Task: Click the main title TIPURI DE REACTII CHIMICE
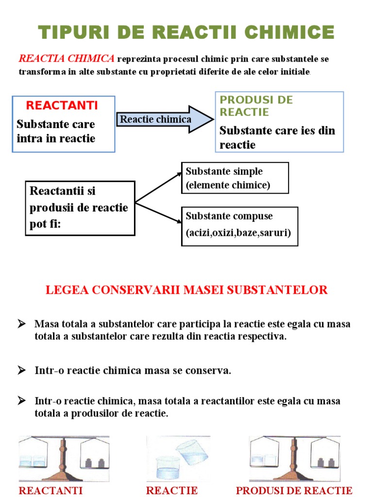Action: point(186,33)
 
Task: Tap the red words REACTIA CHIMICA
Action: point(67,59)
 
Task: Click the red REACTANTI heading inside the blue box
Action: point(62,105)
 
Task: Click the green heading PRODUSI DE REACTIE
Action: point(256,106)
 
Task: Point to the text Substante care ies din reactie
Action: point(277,137)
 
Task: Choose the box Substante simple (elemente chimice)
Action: point(235,178)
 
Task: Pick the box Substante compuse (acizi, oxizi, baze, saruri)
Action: point(239,226)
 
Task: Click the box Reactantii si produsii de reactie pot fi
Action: point(80,208)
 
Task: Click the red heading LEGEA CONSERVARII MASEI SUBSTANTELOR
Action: point(186,290)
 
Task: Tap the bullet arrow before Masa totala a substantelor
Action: point(21,323)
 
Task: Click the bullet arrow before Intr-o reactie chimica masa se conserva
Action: point(21,370)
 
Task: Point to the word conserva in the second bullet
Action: point(212,371)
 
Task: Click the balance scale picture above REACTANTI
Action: point(64,458)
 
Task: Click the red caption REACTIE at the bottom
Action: point(171,490)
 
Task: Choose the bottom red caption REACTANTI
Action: point(51,490)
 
